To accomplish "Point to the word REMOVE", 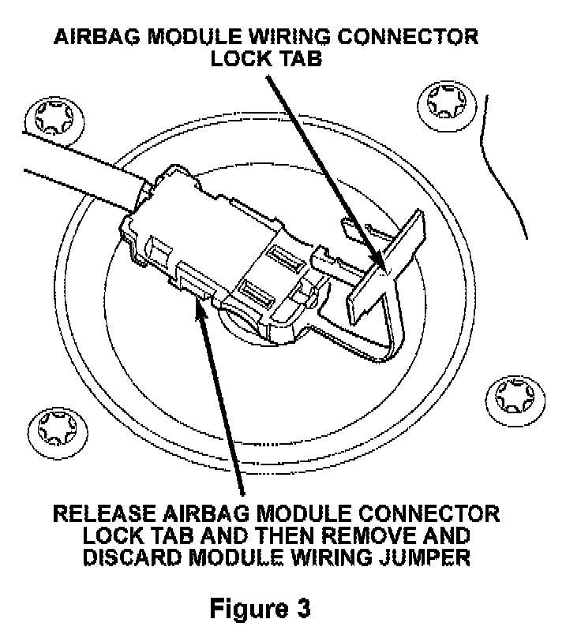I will point(369,535).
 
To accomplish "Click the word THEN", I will point(269,535).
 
